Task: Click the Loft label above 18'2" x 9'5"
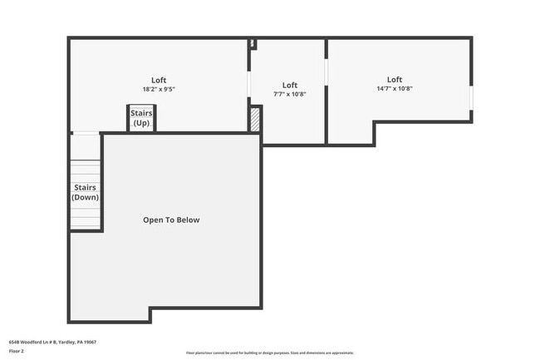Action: (x=159, y=80)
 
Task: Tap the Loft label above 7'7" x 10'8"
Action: (x=289, y=85)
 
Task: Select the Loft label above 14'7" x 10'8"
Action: (x=395, y=80)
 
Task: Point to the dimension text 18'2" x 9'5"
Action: (x=159, y=89)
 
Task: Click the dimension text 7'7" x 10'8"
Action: (x=289, y=94)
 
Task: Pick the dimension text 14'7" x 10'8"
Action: (x=395, y=89)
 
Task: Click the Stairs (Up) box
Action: (x=140, y=118)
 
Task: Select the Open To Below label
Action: (x=171, y=220)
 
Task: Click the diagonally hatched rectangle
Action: (x=255, y=118)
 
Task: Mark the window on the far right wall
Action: (x=471, y=97)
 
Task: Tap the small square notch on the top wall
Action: (x=252, y=43)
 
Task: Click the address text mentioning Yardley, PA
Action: (x=53, y=342)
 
